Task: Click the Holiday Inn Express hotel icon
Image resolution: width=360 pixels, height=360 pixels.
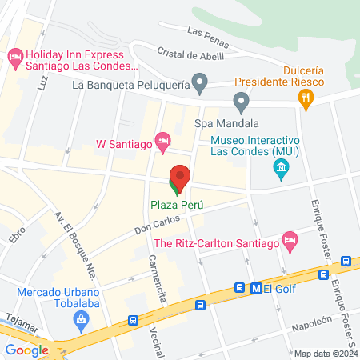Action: pos(14,57)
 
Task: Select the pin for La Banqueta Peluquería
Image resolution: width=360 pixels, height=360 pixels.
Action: pos(201,82)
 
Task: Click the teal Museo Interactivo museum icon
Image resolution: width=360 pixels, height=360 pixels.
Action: pos(281,166)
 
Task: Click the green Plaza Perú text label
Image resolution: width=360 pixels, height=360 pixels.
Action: pos(177,204)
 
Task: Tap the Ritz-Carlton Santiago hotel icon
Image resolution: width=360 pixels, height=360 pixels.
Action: pos(290,239)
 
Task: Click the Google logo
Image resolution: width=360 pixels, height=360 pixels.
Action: pos(26,350)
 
